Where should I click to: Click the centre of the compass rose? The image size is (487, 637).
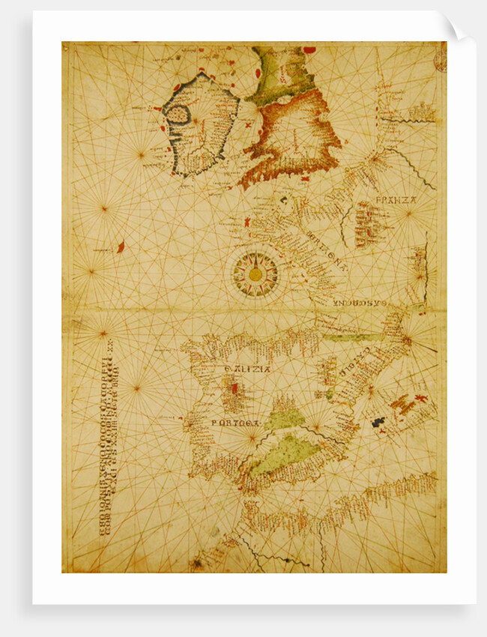pyautogui.click(x=255, y=274)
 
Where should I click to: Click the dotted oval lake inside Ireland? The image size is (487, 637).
pyautogui.click(x=178, y=118)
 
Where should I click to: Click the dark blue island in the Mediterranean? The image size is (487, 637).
pyautogui.click(x=380, y=423)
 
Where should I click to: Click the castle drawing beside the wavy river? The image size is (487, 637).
pyautogui.click(x=422, y=112)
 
